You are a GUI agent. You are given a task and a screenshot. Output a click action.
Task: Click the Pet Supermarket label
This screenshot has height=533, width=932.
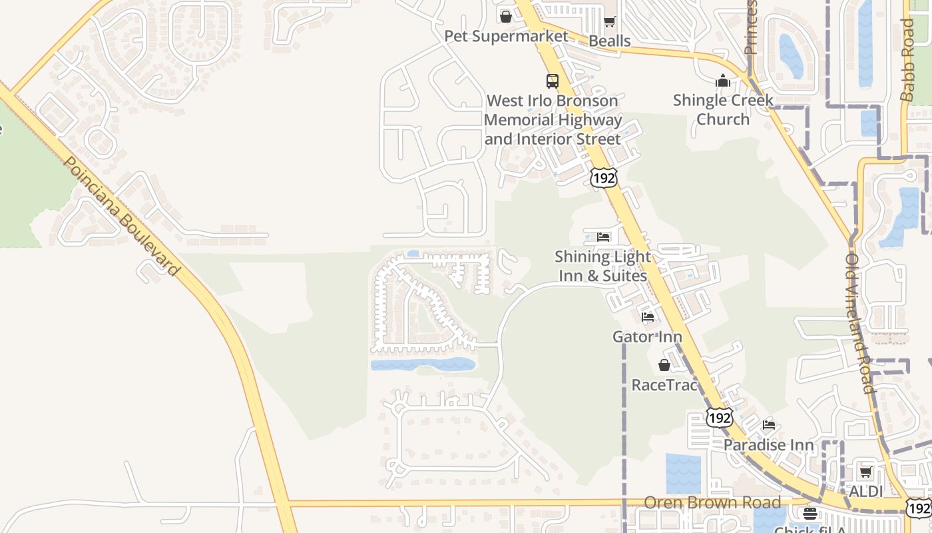[x=506, y=36]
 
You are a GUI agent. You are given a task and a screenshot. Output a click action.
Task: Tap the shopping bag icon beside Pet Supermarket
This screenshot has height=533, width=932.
[x=506, y=17]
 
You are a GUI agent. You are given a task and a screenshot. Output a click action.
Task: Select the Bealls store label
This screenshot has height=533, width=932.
[x=609, y=41]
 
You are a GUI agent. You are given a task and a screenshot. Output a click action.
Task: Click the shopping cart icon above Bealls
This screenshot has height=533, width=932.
[x=609, y=22]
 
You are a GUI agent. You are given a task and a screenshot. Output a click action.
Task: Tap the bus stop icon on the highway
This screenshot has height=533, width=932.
[x=553, y=81]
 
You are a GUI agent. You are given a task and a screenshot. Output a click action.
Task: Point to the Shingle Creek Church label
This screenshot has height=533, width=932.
[x=723, y=110]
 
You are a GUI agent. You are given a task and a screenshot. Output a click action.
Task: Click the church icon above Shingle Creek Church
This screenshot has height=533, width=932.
[x=723, y=81]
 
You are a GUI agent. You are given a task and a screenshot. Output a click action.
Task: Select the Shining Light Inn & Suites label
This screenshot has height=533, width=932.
[x=602, y=266]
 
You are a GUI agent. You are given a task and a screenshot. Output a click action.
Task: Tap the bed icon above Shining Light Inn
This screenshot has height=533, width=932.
[x=603, y=237]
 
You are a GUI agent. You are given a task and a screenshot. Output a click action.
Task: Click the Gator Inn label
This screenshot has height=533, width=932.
[x=647, y=337]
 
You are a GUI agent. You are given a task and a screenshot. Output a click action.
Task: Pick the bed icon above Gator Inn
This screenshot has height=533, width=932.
[x=648, y=317]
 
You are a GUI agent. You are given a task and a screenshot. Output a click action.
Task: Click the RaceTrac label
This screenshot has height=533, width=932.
[x=664, y=385]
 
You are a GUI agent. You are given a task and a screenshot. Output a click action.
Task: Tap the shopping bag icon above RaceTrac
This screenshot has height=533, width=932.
[x=664, y=365]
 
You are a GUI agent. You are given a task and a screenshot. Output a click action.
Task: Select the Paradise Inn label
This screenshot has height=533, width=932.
[x=769, y=444]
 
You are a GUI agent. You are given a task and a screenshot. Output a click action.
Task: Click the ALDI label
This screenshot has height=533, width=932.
[x=865, y=492]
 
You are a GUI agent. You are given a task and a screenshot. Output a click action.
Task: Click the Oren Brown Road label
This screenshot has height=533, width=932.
[x=712, y=502]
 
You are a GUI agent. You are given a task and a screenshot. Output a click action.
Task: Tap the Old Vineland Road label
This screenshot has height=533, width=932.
[x=859, y=323]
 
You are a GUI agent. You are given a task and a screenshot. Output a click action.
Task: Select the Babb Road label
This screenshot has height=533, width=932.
[x=907, y=60]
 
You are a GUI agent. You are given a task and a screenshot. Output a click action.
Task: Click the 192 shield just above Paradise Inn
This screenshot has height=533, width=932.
[x=720, y=418]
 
